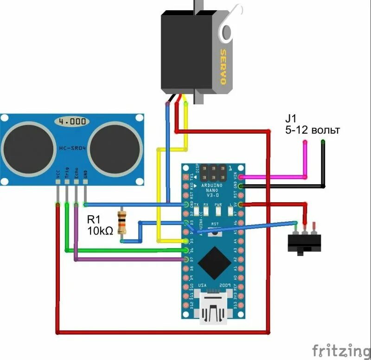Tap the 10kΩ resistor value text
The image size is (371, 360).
point(100,230)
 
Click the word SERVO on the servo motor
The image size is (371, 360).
point(223,67)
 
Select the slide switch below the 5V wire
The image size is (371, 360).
point(304,242)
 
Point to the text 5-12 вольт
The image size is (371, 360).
point(313,130)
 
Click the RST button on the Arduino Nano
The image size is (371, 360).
point(214,231)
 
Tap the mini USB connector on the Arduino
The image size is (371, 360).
point(213,307)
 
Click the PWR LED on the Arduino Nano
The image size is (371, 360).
point(218,212)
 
